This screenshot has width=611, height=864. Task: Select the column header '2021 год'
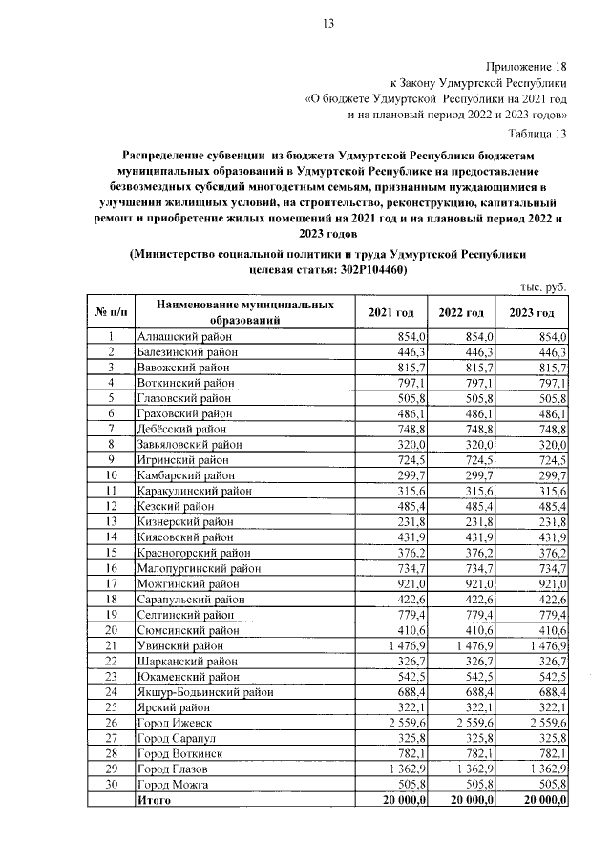(x=390, y=312)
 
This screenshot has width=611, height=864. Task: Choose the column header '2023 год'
(x=532, y=312)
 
